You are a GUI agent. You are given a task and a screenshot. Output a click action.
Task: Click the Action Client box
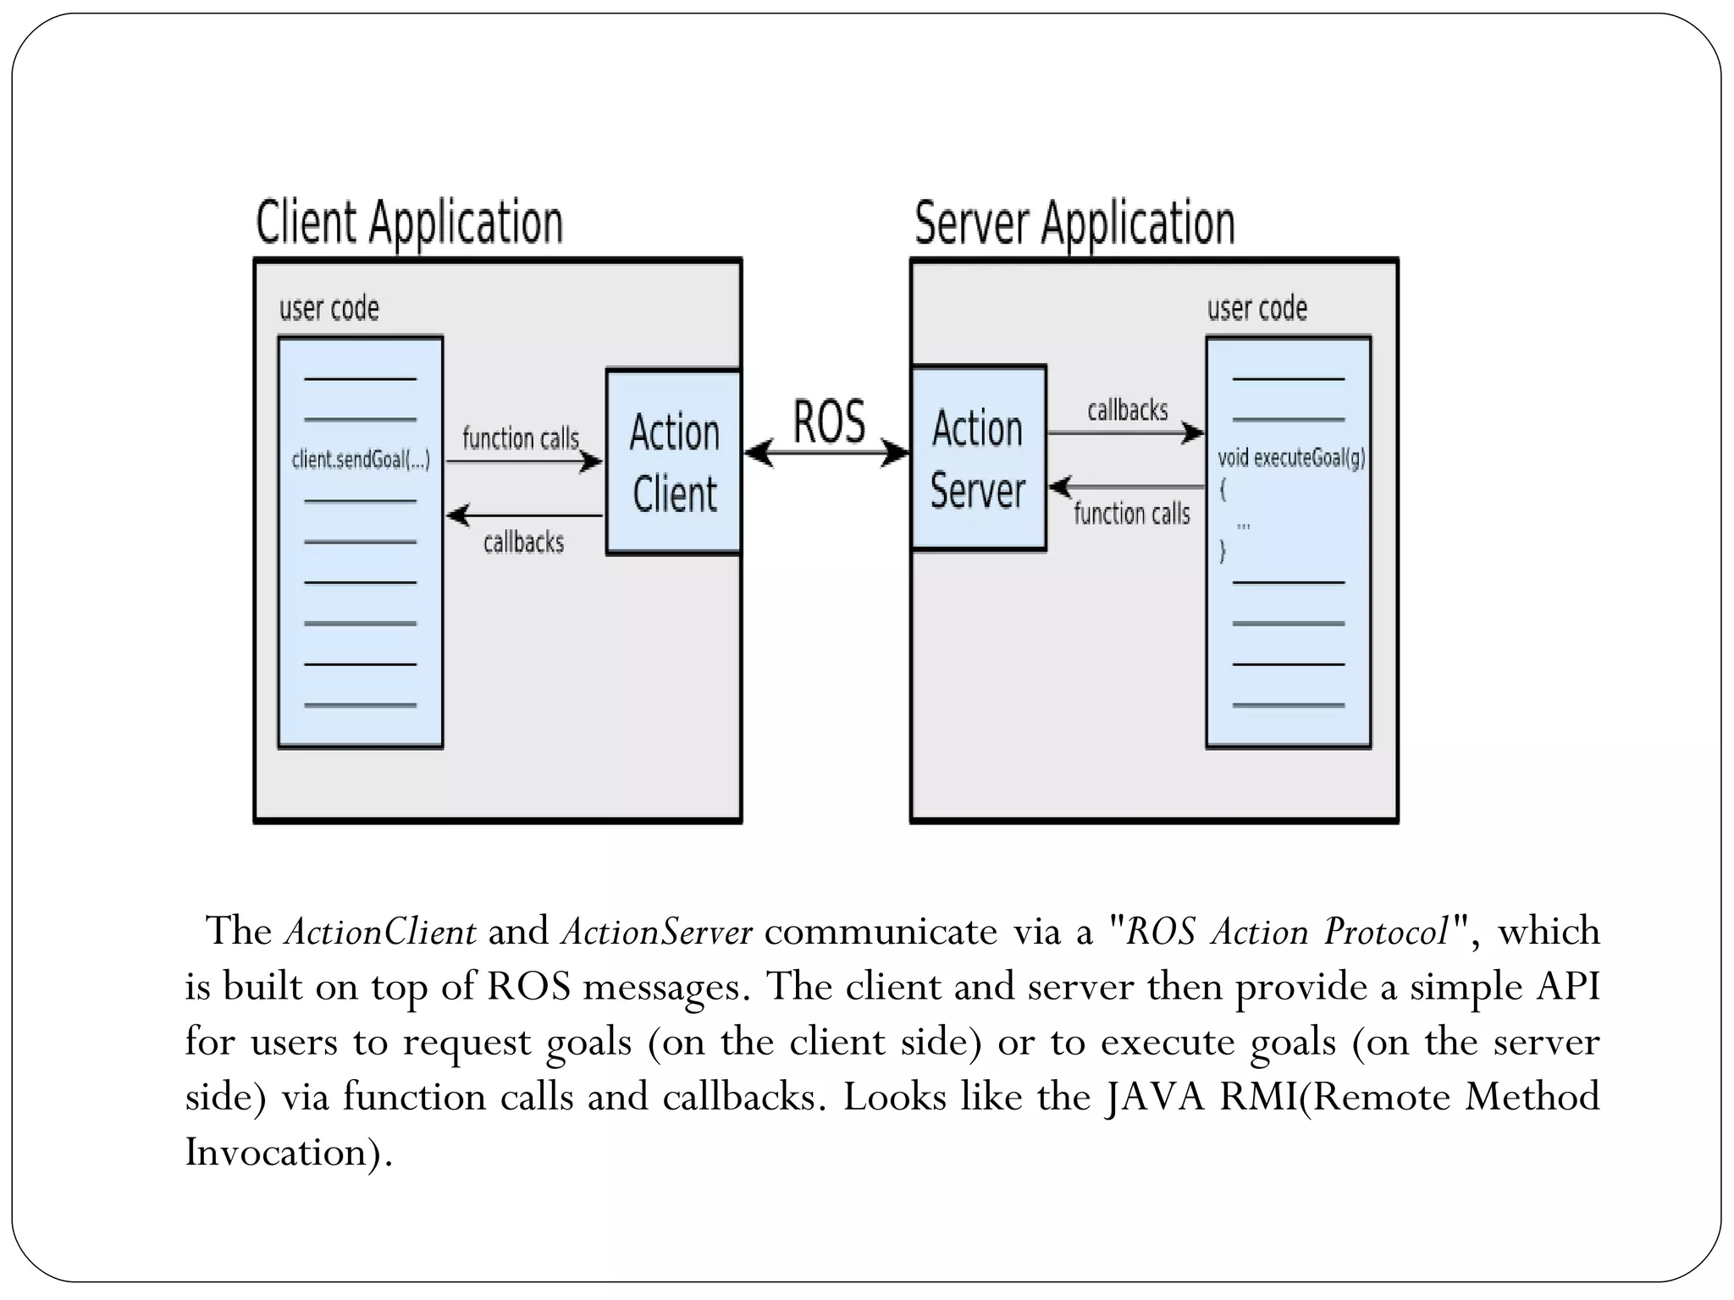[x=674, y=462]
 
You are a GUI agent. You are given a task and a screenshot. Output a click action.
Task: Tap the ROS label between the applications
[x=829, y=421]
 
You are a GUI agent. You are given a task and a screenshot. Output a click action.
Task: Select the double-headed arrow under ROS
[x=827, y=453]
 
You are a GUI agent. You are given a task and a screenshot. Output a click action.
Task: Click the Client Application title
[x=409, y=223]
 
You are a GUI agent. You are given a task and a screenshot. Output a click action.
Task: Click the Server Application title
[x=1074, y=223]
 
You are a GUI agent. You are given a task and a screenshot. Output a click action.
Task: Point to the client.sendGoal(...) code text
[x=361, y=460]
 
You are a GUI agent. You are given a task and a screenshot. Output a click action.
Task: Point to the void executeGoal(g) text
[x=1290, y=458]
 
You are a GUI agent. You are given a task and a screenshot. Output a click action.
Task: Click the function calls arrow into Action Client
[x=524, y=462]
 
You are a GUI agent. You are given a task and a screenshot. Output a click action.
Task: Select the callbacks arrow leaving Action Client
[x=524, y=515]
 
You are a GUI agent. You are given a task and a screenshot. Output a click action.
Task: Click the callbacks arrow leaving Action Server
[x=1125, y=433]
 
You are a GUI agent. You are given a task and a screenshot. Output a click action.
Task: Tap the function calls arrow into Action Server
[x=1127, y=487]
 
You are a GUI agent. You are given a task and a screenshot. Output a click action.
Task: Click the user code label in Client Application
[x=329, y=308]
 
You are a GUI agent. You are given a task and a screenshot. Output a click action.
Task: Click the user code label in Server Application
[x=1256, y=308]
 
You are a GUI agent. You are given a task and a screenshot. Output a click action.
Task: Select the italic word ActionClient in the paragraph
[x=380, y=932]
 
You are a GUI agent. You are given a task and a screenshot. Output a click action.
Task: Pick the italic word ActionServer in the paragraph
[x=656, y=932]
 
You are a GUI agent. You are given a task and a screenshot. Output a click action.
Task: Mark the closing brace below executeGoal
[x=1222, y=553]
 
